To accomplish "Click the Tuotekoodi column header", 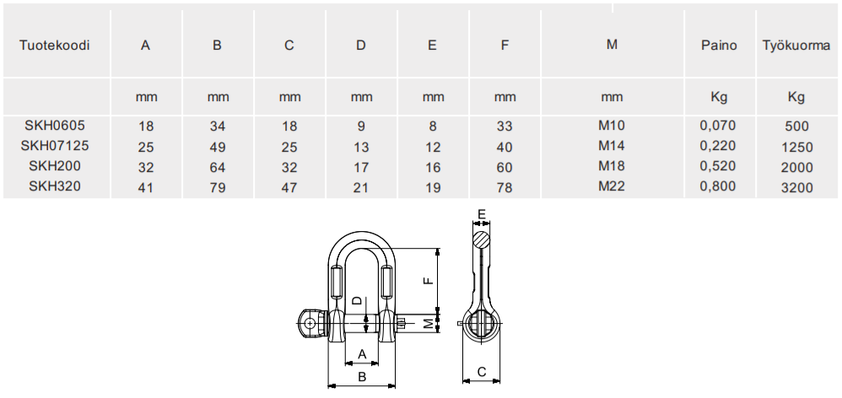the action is [54, 46].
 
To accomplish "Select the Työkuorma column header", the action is [796, 46].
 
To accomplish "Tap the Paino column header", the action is [719, 46].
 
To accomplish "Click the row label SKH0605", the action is [55, 126].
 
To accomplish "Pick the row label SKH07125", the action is [55, 146].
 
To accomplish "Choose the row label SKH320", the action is [55, 186].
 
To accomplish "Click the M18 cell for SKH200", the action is [612, 166].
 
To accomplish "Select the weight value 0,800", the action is [718, 186].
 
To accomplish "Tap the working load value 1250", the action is [797, 147].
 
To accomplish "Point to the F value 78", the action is [505, 187].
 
